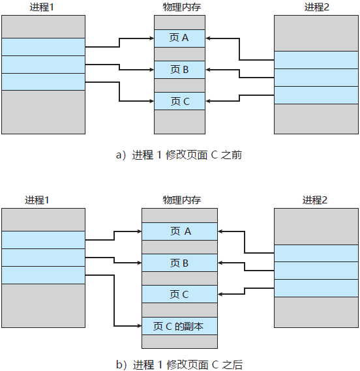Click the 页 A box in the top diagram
click(x=179, y=38)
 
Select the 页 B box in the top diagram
click(x=179, y=69)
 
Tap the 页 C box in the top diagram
click(x=179, y=101)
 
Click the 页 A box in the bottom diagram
click(x=179, y=231)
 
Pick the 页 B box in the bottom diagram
click(x=179, y=263)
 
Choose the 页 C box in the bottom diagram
click(x=179, y=294)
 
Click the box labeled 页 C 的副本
click(x=179, y=325)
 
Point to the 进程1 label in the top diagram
click(x=43, y=7)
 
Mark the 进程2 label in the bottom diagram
click(x=316, y=200)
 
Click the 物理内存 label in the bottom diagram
click(x=179, y=200)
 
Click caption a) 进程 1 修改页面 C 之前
click(x=179, y=155)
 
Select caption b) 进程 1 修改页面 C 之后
click(x=179, y=364)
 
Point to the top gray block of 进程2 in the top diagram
click(x=316, y=33)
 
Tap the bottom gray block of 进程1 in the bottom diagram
click(x=43, y=305)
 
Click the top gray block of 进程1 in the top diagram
click(x=43, y=27)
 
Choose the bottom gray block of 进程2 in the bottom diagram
click(x=316, y=312)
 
